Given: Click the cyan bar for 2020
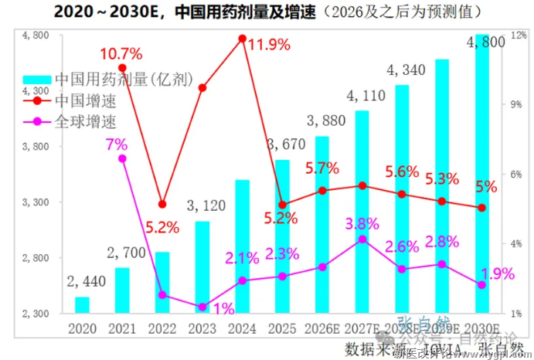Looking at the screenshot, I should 82,305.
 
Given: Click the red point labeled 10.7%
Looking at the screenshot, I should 122,68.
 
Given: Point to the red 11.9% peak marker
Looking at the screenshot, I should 243,38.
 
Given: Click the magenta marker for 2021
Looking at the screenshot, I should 122,158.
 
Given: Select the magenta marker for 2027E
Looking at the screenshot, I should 362,239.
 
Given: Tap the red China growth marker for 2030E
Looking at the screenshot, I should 481,208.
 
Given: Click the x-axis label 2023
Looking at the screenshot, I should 202,328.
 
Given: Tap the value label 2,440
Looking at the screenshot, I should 81,282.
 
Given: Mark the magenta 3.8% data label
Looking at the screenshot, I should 362,223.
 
